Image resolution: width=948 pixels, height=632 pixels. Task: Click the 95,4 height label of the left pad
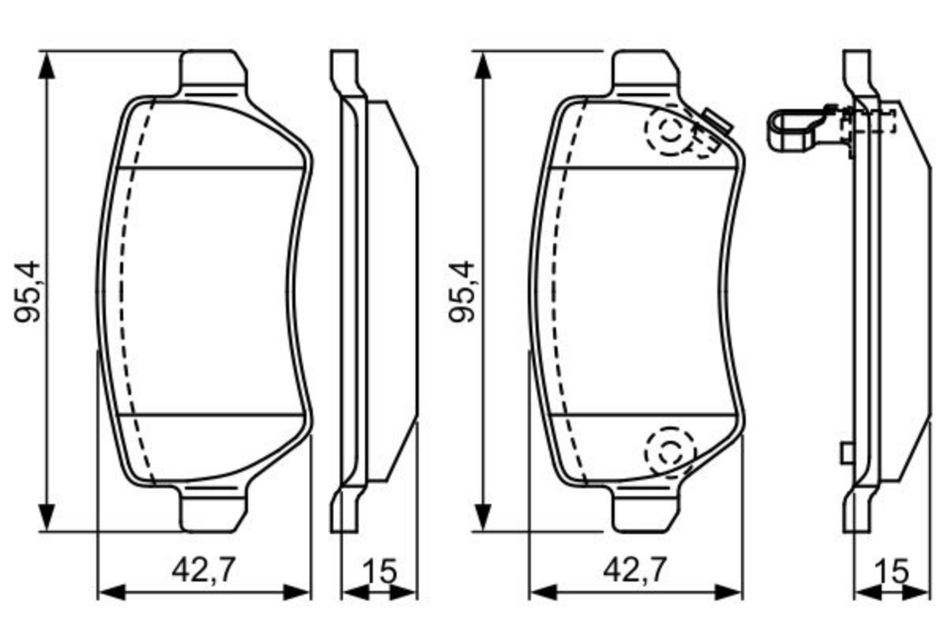coord(27,292)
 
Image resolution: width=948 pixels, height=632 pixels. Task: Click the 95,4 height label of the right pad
coord(461,292)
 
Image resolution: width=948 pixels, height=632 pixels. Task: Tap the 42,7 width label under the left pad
coord(203,570)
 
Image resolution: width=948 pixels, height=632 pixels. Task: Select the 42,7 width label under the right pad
coord(635,570)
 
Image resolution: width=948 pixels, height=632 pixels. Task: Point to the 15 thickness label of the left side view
coord(380,571)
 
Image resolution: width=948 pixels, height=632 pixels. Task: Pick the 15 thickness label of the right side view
coord(892,571)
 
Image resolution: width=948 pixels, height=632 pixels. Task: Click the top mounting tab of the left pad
coord(212,73)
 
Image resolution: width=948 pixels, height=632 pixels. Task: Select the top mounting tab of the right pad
coord(645,73)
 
